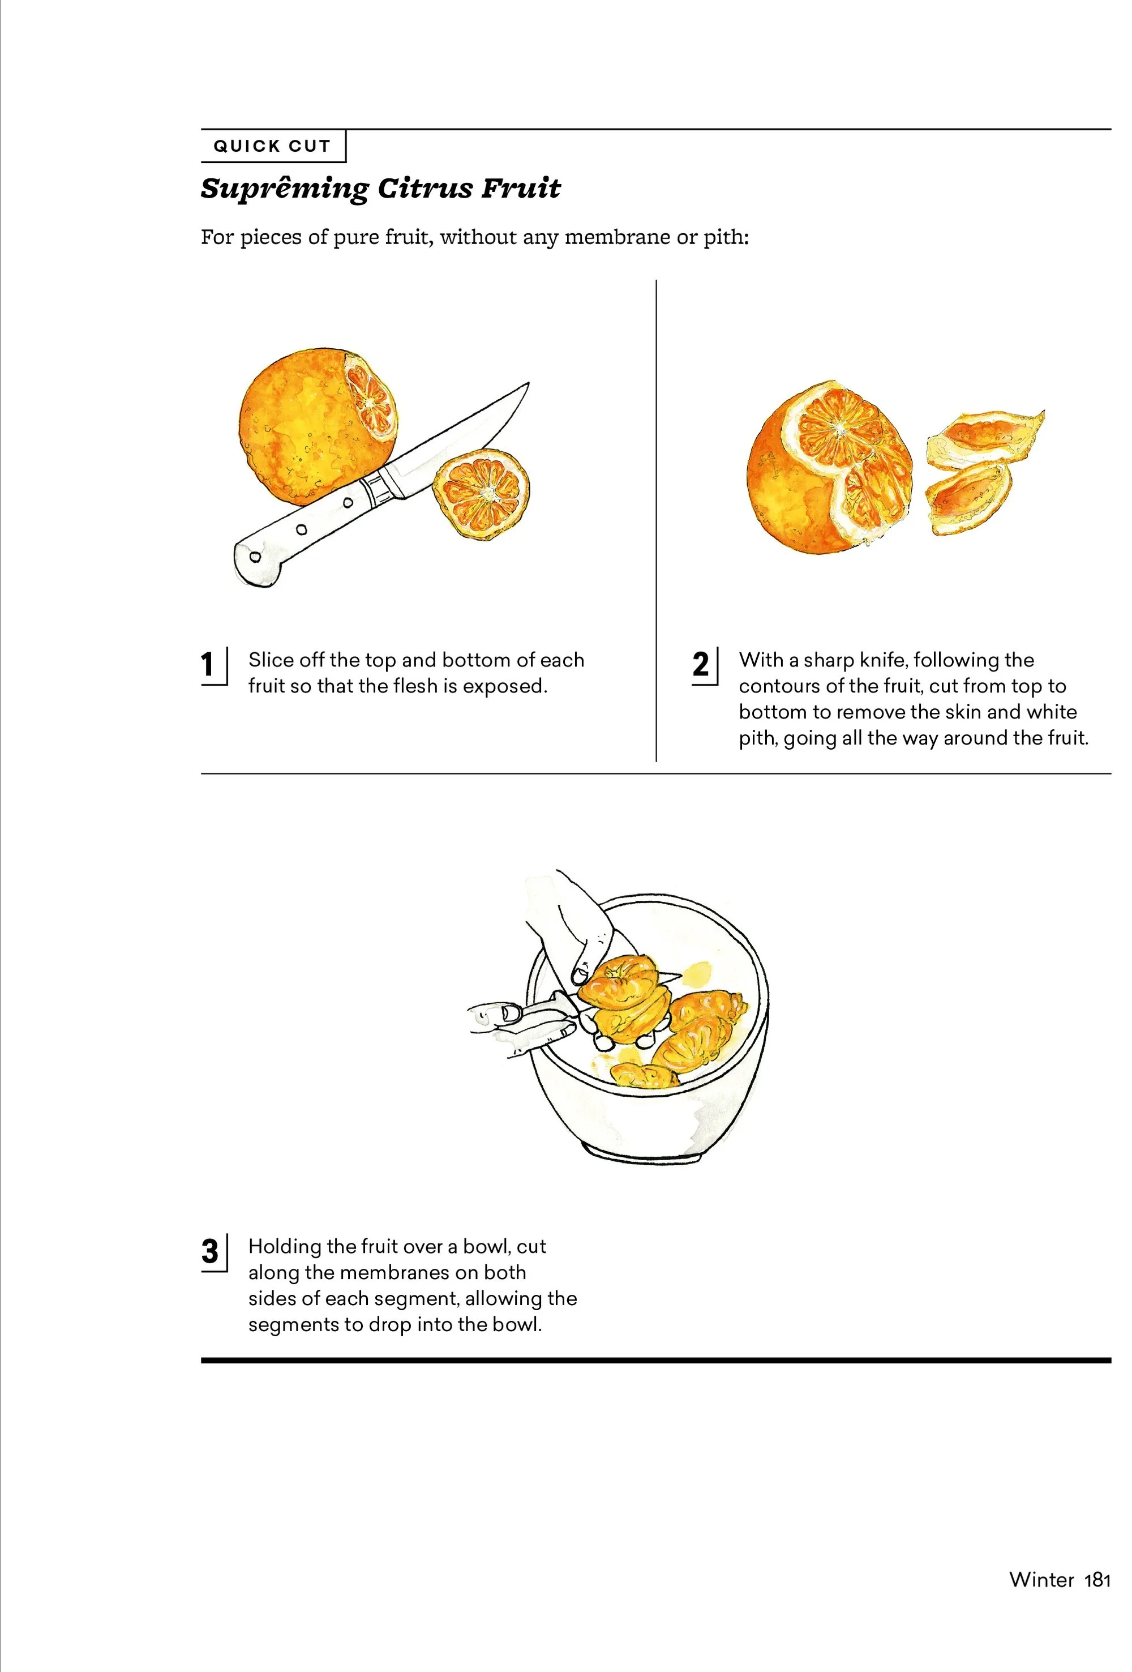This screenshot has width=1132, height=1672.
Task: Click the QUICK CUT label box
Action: coord(273,146)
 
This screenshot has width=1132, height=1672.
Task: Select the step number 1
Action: coord(208,664)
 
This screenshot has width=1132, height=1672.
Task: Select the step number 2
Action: coord(701,664)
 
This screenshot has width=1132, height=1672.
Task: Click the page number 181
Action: coord(1097,1579)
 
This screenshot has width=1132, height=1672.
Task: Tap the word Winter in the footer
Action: coord(1041,1579)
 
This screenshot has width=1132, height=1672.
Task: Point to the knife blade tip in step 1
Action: coord(529,383)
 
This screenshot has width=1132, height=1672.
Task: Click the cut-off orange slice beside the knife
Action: coord(481,494)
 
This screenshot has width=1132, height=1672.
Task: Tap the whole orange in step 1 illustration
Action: coord(317,426)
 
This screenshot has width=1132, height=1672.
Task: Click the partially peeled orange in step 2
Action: coord(829,468)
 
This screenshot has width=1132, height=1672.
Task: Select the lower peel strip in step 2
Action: coord(968,497)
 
